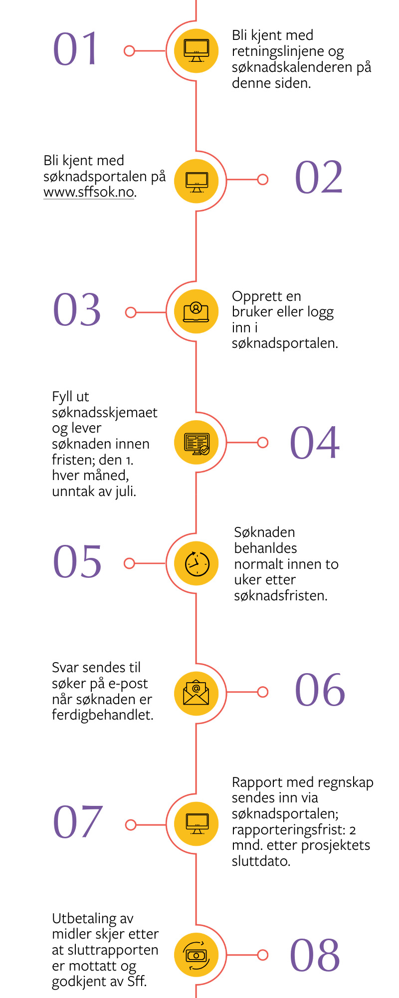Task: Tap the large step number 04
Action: point(315,442)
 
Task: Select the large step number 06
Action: point(320,690)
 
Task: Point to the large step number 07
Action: point(78,822)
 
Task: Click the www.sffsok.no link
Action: point(89,192)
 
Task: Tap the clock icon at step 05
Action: point(197,563)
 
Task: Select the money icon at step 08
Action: point(196,955)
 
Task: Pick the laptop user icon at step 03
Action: point(196,312)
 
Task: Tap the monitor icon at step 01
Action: point(197,50)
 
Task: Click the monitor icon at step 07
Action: point(196,823)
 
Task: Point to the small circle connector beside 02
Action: point(263,179)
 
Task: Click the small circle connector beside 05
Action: point(129,563)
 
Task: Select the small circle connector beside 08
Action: point(263,955)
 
